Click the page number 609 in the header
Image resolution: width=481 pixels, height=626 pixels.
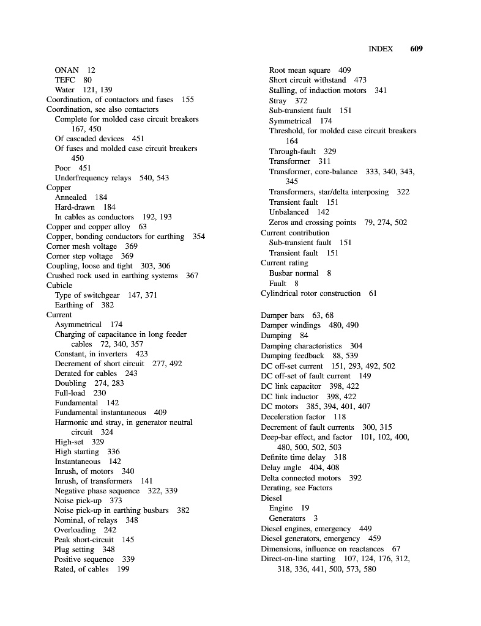pos(416,49)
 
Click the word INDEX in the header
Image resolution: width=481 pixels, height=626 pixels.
pos(380,49)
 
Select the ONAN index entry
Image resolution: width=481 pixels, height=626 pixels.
pos(67,70)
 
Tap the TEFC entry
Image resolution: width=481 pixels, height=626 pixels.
pos(65,80)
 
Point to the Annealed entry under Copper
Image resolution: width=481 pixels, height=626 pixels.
pos(71,197)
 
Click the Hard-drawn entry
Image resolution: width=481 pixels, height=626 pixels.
pos(75,207)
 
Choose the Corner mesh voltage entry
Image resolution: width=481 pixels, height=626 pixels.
pos(81,246)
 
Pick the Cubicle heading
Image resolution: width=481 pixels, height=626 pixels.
pos(59,285)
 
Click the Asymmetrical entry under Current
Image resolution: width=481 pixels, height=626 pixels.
pos(78,325)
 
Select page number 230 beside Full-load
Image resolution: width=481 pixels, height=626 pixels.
pos(100,393)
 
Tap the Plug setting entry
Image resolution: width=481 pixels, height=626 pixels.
pos(76,550)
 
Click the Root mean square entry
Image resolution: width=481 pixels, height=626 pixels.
pos(299,70)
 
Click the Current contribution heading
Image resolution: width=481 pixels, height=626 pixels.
pos(295,232)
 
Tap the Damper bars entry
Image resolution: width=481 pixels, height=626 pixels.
pos(282,315)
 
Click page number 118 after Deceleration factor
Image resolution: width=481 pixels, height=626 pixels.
pos(340,417)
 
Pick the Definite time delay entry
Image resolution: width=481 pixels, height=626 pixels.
pos(293,457)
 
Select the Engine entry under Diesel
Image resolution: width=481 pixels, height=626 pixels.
pos(281,508)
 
